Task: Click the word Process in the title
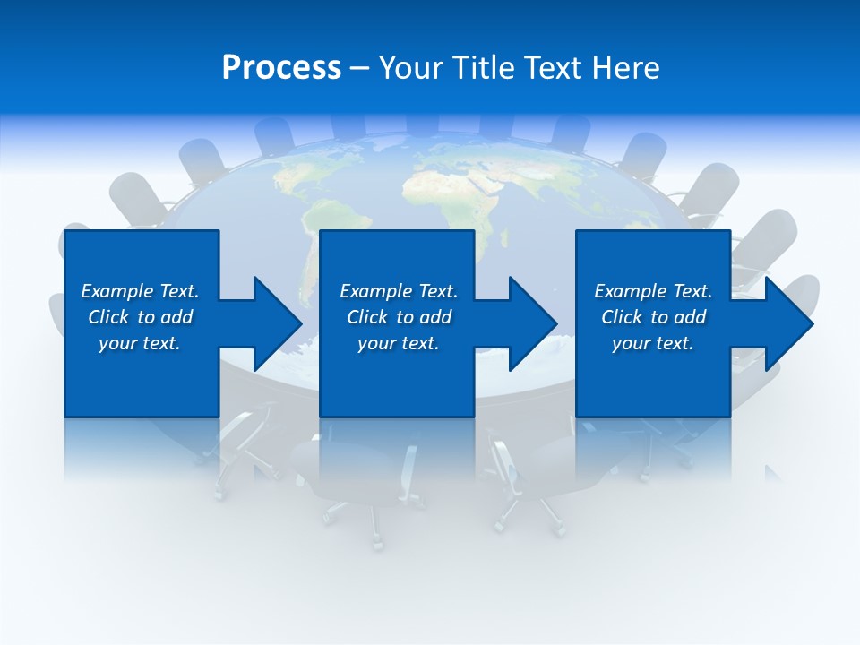click(x=281, y=68)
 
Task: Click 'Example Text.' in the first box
click(x=140, y=291)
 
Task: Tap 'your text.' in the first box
click(x=140, y=343)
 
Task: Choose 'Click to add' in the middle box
click(x=399, y=317)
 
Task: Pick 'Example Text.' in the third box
click(x=653, y=291)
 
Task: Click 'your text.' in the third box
click(x=653, y=343)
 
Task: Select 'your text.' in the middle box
click(x=399, y=343)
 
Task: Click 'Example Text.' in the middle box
click(x=399, y=291)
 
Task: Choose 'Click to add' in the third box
click(x=653, y=317)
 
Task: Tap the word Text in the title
click(x=554, y=68)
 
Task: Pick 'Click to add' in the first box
click(x=140, y=317)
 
